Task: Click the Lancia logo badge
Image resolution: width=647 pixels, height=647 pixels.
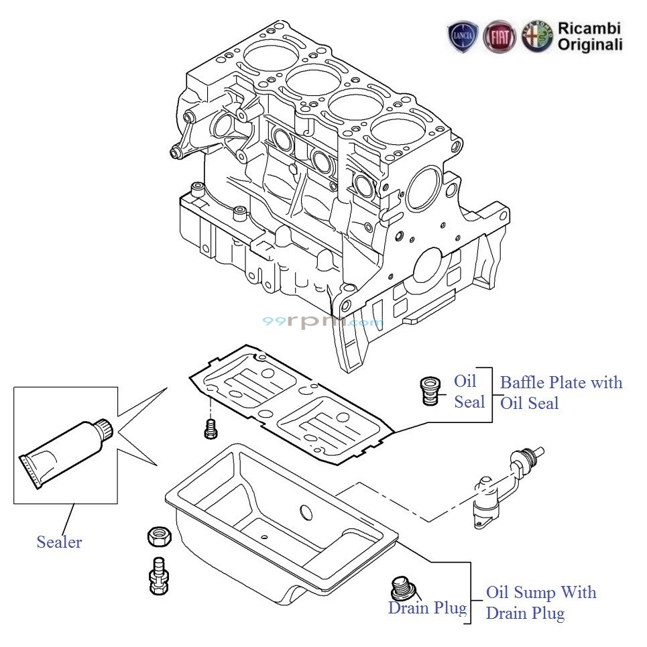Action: click(x=463, y=37)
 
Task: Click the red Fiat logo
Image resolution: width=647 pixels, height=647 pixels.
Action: click(x=500, y=37)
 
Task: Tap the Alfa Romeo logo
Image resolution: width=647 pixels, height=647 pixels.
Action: click(x=537, y=36)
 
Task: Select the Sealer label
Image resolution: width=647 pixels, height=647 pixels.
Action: click(x=59, y=542)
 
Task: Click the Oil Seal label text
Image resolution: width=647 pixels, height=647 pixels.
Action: click(x=469, y=392)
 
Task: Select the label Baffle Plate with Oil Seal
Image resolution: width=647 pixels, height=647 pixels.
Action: click(x=561, y=392)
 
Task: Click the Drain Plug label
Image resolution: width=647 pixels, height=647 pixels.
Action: click(x=427, y=608)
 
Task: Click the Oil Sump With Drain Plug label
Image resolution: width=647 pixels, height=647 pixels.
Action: click(x=540, y=602)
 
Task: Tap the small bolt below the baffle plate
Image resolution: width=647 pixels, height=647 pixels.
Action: click(x=210, y=428)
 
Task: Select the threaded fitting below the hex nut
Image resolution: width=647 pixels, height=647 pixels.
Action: click(x=158, y=575)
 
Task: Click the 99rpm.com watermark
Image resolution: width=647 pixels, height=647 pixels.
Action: click(x=322, y=322)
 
